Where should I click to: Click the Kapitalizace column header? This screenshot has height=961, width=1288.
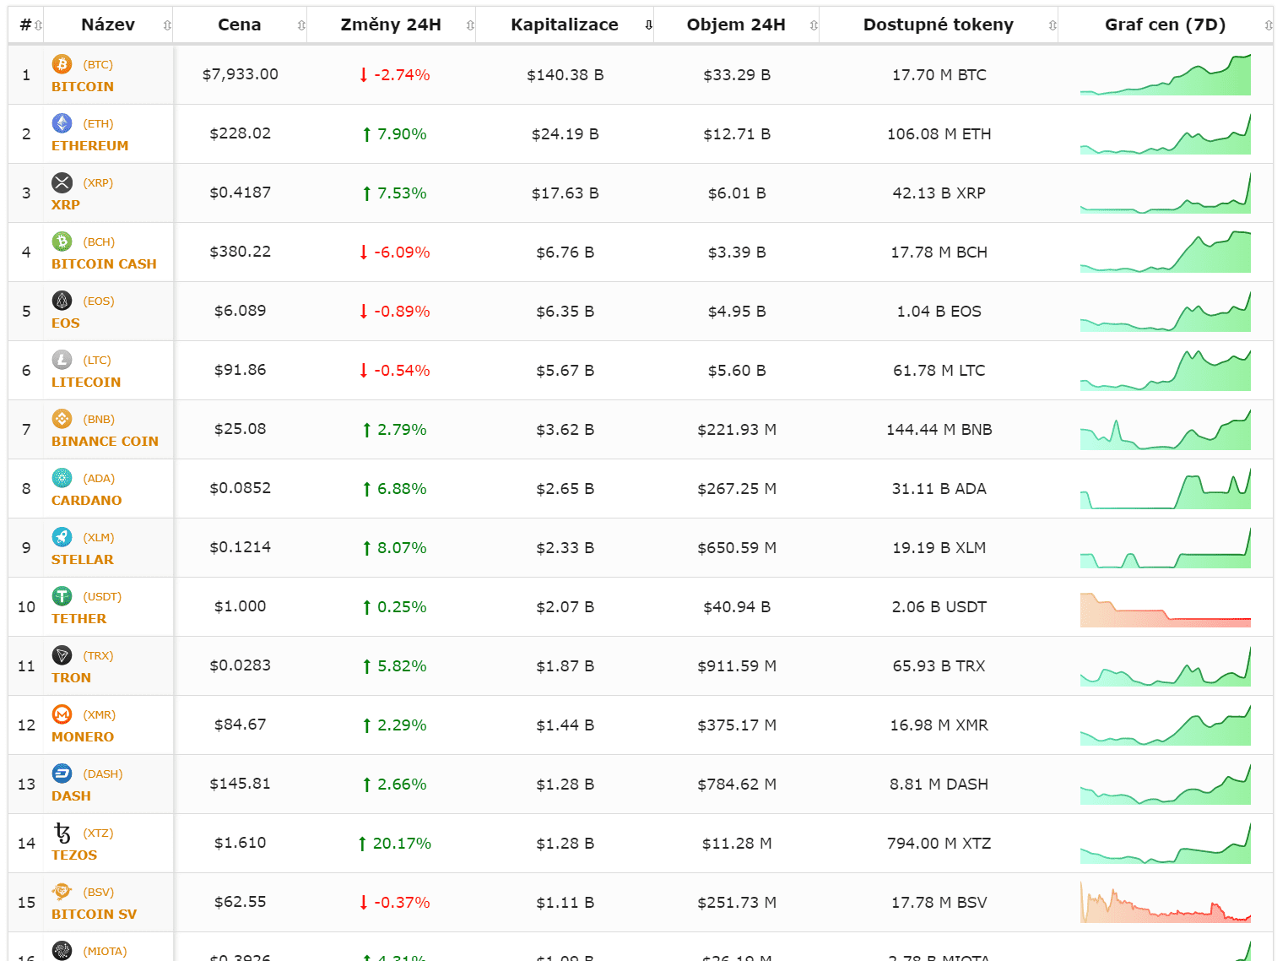564,24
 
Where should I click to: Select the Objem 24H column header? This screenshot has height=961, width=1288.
735,24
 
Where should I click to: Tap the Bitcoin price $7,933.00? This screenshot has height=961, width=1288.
241,74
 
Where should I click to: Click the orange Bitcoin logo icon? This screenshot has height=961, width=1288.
62,64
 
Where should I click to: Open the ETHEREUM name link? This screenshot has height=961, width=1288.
89,145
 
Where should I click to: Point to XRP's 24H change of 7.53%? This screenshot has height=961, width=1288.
394,193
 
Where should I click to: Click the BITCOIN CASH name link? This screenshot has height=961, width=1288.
104,263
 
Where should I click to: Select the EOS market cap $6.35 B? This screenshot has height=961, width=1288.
565,312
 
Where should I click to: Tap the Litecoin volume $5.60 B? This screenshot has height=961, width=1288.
736,371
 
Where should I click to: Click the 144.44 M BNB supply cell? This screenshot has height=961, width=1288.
939,430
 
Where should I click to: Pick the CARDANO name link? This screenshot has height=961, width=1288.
86,500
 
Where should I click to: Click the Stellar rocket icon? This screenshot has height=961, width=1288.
62,537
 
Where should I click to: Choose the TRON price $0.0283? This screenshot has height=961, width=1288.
241,665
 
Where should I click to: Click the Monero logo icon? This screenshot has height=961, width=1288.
62,714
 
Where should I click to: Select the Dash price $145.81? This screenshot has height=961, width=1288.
241,784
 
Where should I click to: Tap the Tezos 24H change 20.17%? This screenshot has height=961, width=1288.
394,844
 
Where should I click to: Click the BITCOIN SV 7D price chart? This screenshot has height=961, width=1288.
1165,903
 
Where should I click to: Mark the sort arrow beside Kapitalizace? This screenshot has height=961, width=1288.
648,25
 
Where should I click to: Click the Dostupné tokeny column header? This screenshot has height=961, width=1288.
938,24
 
